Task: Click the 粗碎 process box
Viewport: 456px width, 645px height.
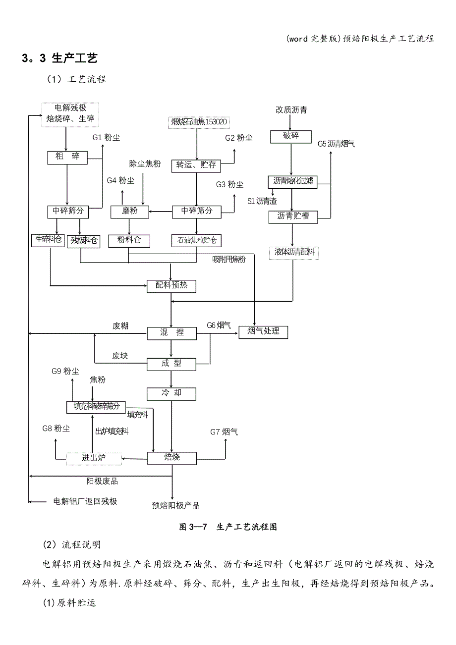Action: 67,158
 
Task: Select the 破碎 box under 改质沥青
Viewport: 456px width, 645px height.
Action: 291,136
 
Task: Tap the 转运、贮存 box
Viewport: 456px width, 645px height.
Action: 196,165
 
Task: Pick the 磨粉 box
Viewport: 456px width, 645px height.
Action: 129,212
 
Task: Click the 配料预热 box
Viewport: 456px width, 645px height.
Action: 171,286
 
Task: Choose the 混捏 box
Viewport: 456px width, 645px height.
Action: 171,333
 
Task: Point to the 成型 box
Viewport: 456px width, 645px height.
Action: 171,364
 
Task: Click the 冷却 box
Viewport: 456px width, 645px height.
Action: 171,393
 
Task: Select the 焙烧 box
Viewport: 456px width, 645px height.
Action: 171,458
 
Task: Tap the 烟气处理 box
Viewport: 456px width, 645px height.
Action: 263,331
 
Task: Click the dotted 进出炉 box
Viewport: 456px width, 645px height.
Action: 94,458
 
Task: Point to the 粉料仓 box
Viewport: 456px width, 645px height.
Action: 129,241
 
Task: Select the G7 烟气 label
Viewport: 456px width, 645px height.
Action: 224,432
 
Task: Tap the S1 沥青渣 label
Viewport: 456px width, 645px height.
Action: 262,201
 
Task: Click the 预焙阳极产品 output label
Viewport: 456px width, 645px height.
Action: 176,505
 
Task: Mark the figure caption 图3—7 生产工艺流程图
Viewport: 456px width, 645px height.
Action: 228,527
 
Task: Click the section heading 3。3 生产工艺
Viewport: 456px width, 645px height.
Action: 59,58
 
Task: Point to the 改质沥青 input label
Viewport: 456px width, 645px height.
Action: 291,110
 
